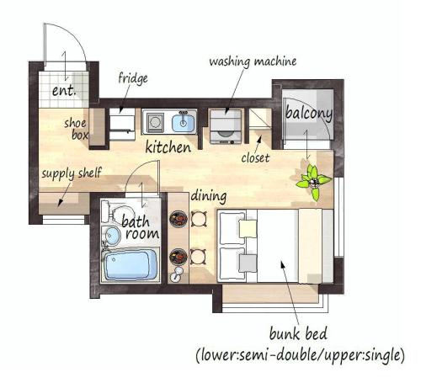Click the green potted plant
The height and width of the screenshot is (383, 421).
[x=313, y=182]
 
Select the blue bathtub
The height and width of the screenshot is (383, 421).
[x=131, y=265]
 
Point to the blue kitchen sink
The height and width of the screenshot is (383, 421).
[x=183, y=123]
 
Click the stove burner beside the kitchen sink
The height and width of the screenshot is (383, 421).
[x=155, y=122]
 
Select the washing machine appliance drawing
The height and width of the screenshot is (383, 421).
[x=226, y=127]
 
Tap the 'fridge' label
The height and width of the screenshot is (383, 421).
[x=133, y=78]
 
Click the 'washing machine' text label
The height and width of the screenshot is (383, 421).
[x=253, y=61]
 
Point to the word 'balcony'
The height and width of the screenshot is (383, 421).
[x=309, y=113]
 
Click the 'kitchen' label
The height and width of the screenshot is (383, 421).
[x=168, y=147]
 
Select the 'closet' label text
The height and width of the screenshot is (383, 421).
[x=255, y=158]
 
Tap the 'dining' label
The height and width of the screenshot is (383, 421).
[x=209, y=196]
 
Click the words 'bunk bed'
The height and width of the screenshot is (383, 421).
[x=298, y=333]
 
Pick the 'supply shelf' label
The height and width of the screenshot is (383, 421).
[x=72, y=173]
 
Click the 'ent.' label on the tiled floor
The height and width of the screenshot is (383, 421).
[x=64, y=90]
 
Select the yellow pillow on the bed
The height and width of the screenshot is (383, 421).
[x=248, y=228]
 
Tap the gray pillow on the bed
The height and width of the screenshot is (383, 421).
[x=248, y=263]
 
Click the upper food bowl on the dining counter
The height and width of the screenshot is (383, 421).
[x=179, y=218]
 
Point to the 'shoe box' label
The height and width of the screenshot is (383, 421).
[x=76, y=130]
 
